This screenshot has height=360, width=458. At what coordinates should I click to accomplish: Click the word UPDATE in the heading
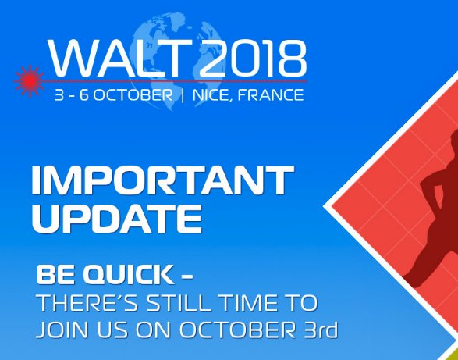point(112,219)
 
